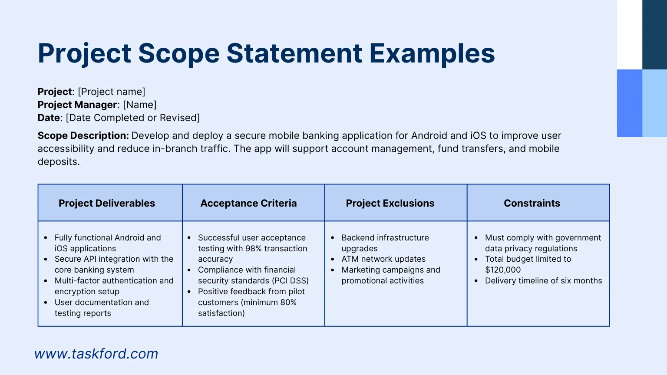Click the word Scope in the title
(179, 53)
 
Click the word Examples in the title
(432, 53)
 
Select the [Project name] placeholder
(112, 92)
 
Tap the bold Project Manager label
(77, 105)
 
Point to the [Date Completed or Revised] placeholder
(132, 118)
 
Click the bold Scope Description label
(83, 135)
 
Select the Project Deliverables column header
(106, 203)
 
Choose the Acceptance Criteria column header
(248, 203)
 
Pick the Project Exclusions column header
(390, 203)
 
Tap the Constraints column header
(532, 203)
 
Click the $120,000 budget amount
(502, 270)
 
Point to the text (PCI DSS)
(291, 281)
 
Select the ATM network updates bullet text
(383, 259)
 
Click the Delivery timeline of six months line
(543, 281)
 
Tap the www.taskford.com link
(96, 354)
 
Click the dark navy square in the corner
(654, 34)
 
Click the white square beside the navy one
(630, 34)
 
